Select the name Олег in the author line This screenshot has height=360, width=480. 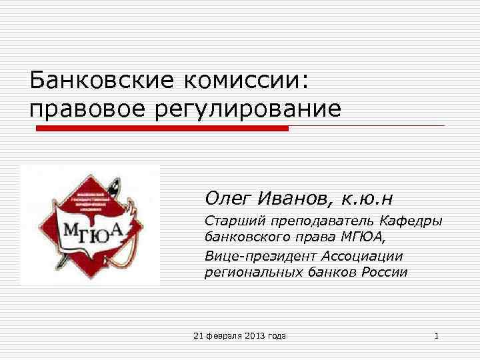(x=227, y=197)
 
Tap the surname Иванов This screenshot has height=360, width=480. (x=293, y=197)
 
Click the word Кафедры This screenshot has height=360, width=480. (x=413, y=221)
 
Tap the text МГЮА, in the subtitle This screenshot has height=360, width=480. (x=360, y=238)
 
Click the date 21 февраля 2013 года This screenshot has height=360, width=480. (x=239, y=336)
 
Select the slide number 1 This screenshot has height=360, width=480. (x=436, y=336)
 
